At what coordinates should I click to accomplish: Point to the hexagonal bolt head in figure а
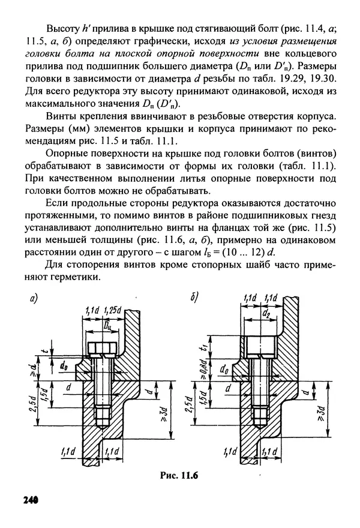pos(100,349)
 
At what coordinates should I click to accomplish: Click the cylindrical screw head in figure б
pos(259,347)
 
